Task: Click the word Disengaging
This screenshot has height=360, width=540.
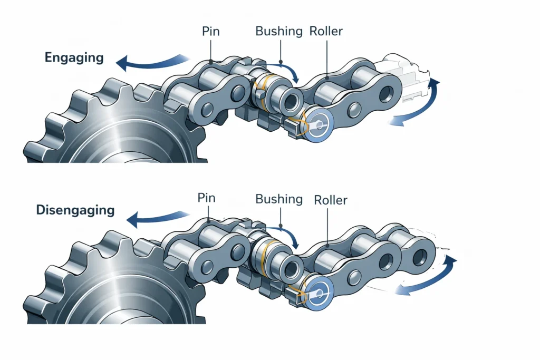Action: coord(75,210)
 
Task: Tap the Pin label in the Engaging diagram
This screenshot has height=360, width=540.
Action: coord(211,31)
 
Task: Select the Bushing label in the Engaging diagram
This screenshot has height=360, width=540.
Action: coord(279,31)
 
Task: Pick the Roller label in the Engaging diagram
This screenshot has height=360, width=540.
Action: coord(326,31)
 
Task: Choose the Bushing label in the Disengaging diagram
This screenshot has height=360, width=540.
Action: coord(279,199)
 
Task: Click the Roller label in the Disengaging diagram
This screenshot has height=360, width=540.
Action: coord(331,200)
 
